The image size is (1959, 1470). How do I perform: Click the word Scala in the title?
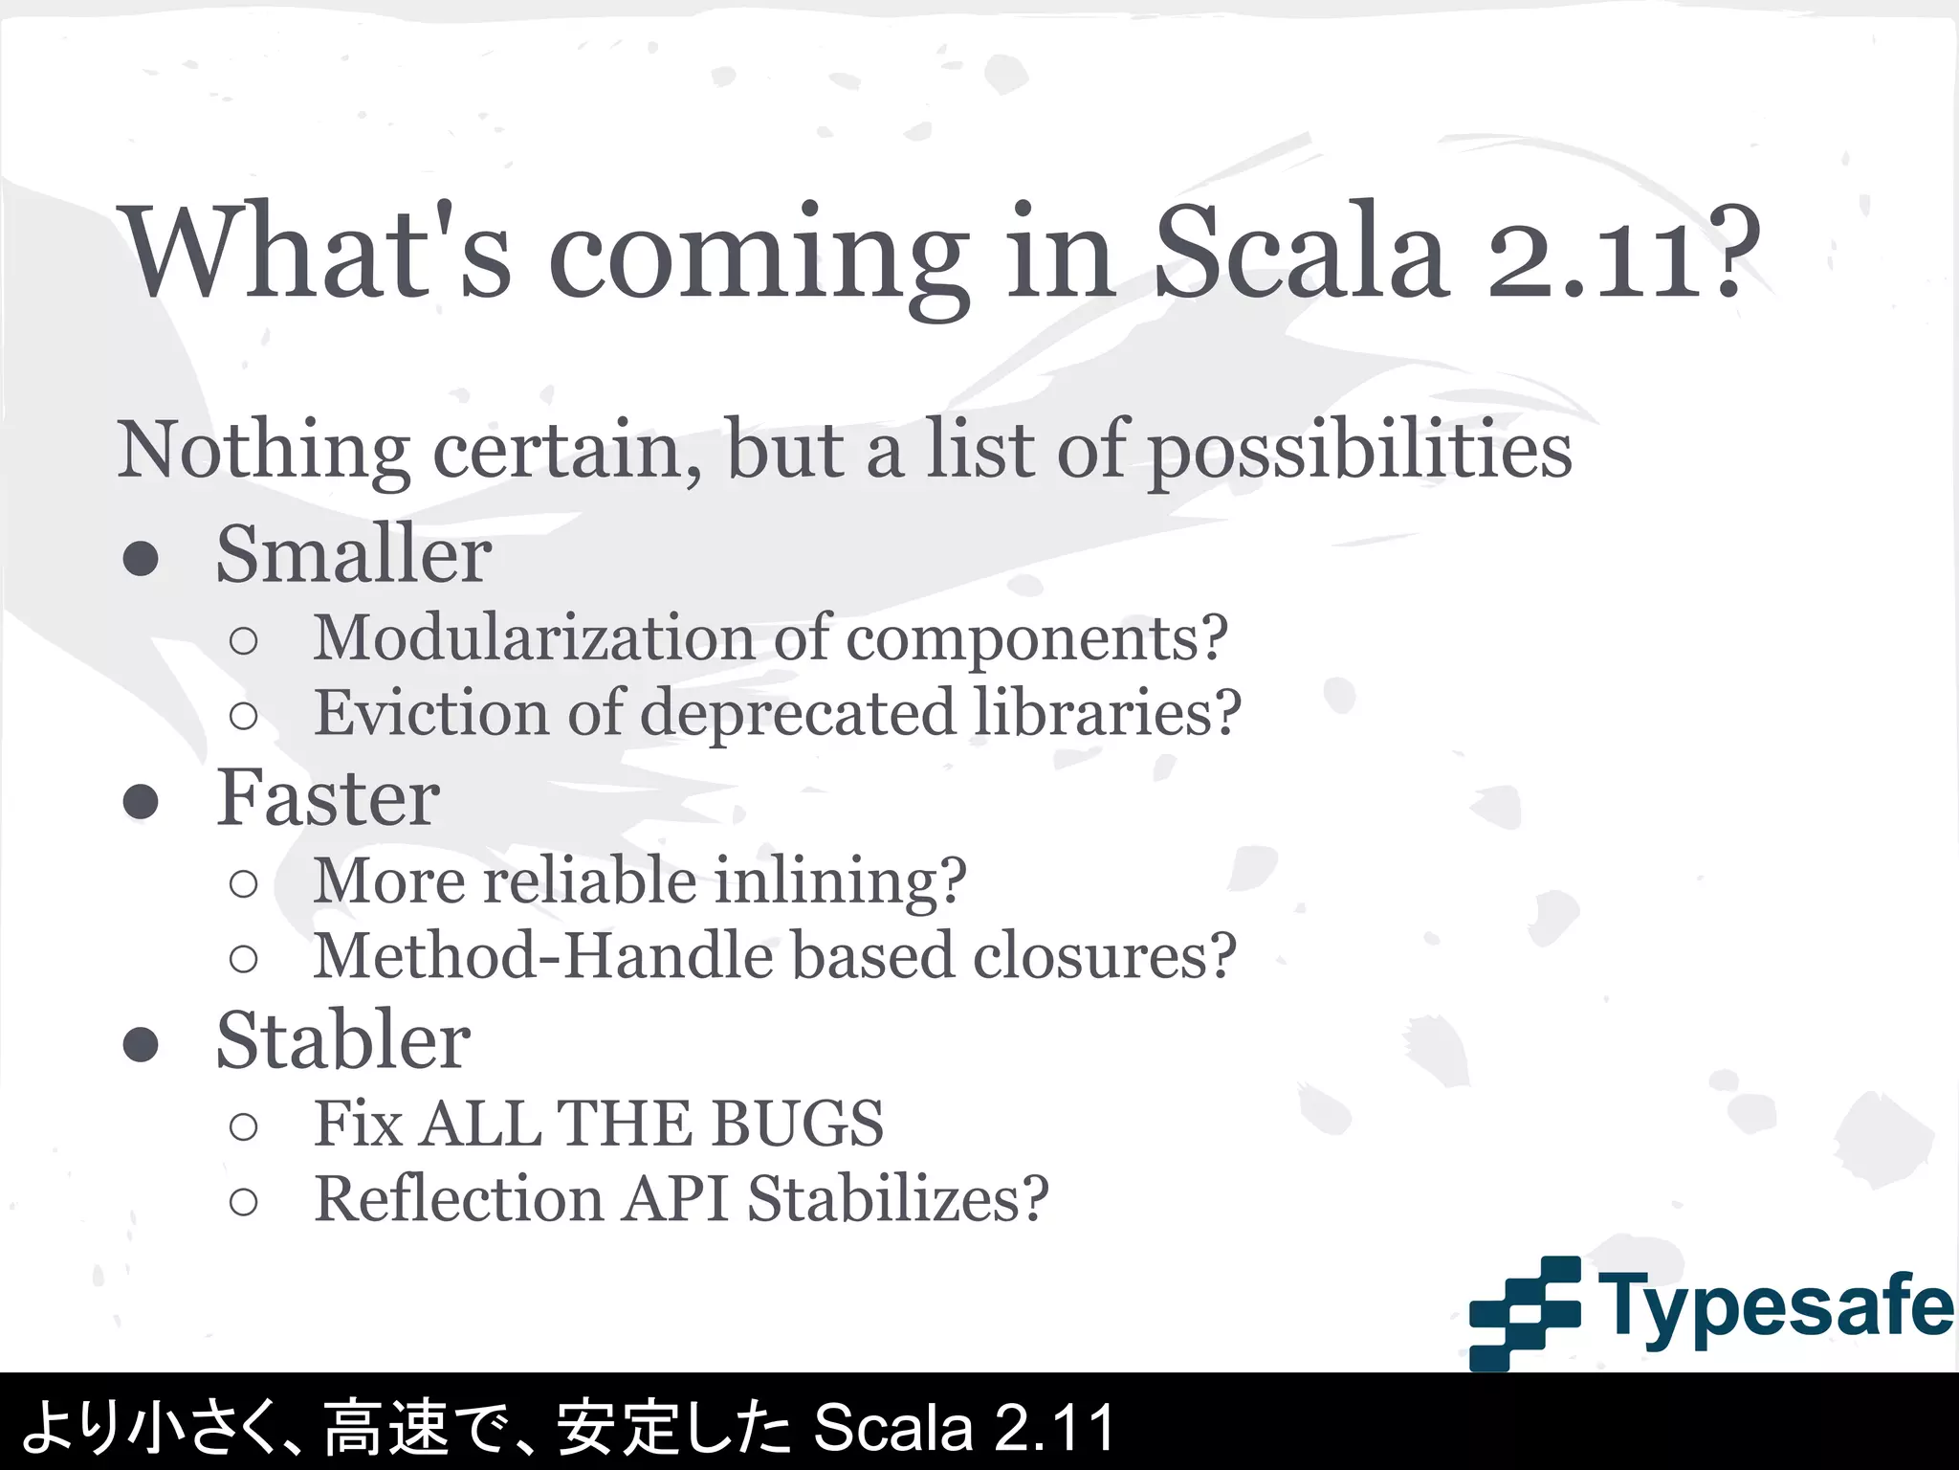coord(1299,254)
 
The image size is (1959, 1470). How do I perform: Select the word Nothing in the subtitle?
coord(264,450)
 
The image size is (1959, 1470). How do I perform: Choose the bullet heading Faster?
coord(327,798)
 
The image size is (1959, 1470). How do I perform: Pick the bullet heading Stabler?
coord(342,1041)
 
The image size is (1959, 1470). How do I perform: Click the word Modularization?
coord(535,637)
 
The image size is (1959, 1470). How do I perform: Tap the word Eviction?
coord(431,713)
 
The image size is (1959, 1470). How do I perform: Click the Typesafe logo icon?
coord(1523,1311)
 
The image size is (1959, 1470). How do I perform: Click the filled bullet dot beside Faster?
coord(141,802)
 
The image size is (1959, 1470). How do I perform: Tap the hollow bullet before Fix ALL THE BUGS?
coord(244,1126)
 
